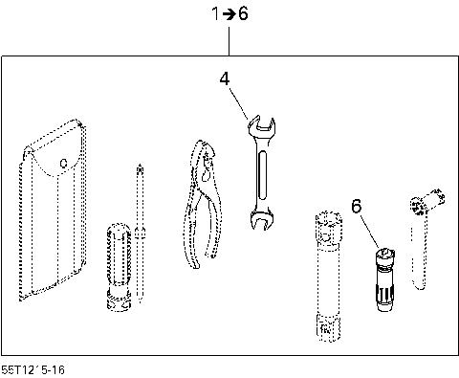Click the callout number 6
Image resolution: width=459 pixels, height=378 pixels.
coord(357,206)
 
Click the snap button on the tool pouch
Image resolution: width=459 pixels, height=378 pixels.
coord(63,164)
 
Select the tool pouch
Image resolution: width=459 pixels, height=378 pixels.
coord(55,211)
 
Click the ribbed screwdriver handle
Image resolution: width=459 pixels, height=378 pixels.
coord(117,263)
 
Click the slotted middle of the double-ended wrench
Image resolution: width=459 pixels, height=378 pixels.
coord(259,172)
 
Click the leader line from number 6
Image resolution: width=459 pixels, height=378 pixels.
coord(370,230)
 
